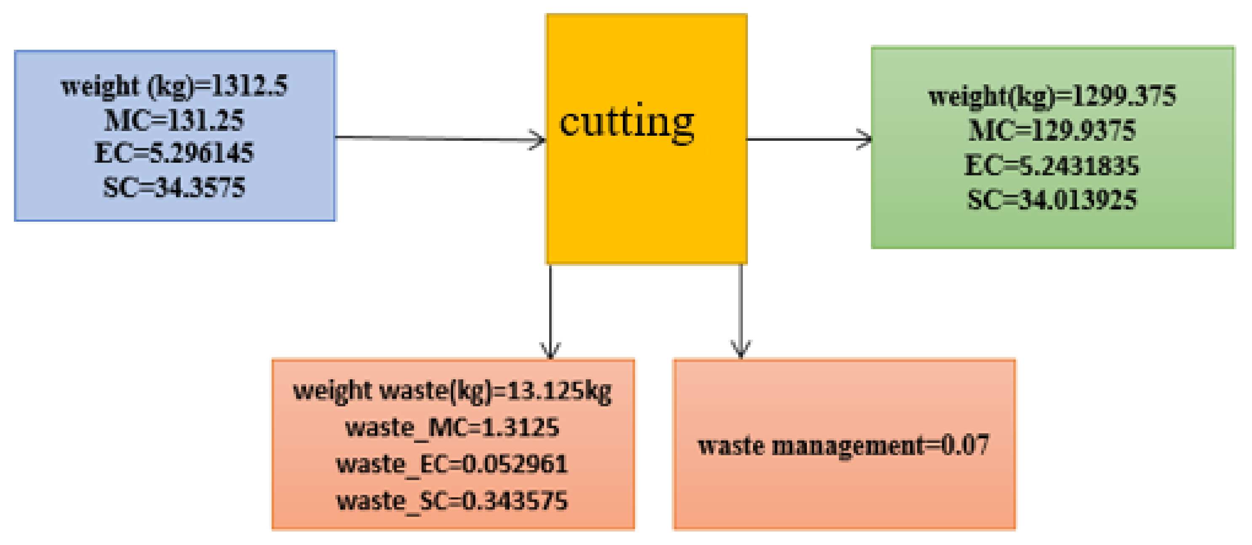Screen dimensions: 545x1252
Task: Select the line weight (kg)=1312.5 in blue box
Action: click(174, 86)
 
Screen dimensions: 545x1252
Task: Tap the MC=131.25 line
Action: click(174, 120)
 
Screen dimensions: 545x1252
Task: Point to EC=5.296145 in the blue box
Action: click(174, 153)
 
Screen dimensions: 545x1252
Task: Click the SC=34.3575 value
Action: click(174, 187)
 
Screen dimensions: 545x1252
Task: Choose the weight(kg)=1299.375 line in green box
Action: click(1052, 96)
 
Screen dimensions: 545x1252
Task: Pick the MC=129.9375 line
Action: click(1052, 130)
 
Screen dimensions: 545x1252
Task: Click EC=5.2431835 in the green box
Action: click(1052, 166)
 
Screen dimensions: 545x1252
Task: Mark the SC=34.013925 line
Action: click(1052, 199)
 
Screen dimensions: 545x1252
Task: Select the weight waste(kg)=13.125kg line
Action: click(452, 391)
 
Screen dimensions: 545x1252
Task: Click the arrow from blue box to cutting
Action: click(438, 139)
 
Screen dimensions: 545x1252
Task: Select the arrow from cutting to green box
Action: click(807, 139)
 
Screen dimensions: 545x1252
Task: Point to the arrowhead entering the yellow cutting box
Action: click(539, 140)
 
